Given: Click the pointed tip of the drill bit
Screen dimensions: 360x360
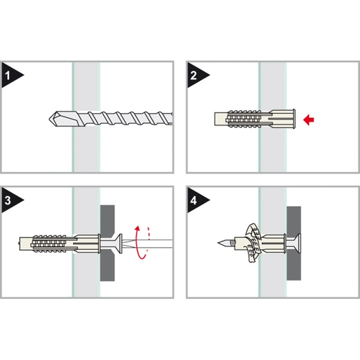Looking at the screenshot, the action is click(x=49, y=119).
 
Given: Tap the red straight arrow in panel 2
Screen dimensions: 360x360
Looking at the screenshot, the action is click(x=308, y=120).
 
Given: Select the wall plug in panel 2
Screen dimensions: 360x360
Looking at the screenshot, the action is click(x=255, y=118).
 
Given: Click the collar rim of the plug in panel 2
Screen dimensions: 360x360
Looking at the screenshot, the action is click(x=294, y=118).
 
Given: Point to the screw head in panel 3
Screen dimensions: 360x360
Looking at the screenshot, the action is click(x=119, y=243).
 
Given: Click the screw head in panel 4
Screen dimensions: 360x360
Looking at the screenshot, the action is click(x=298, y=243).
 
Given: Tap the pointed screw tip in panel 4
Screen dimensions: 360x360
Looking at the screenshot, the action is click(x=218, y=243).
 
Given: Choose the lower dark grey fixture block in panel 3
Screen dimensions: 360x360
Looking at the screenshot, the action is click(x=107, y=265).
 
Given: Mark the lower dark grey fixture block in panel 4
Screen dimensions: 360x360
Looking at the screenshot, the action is click(x=294, y=265).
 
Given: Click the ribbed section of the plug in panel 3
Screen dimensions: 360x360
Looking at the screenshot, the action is click(x=49, y=243).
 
